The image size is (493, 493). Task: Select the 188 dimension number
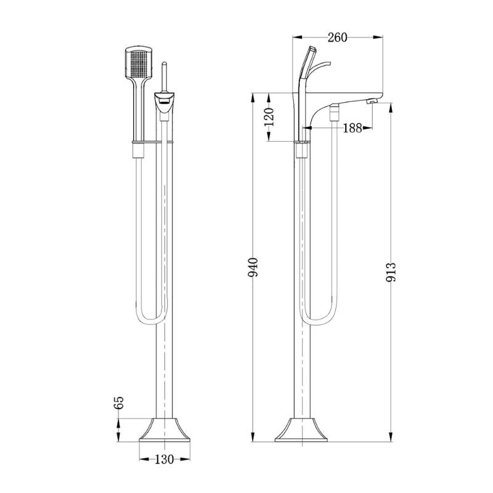coord(352,128)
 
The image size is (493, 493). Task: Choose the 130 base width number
coord(163,459)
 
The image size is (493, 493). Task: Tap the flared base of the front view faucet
coord(163,430)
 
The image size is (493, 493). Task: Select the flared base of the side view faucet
coord(303,430)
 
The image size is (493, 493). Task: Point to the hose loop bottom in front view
coord(150,322)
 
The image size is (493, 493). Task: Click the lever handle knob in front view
coord(164,65)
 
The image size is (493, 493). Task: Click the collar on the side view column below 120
coord(302,150)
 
